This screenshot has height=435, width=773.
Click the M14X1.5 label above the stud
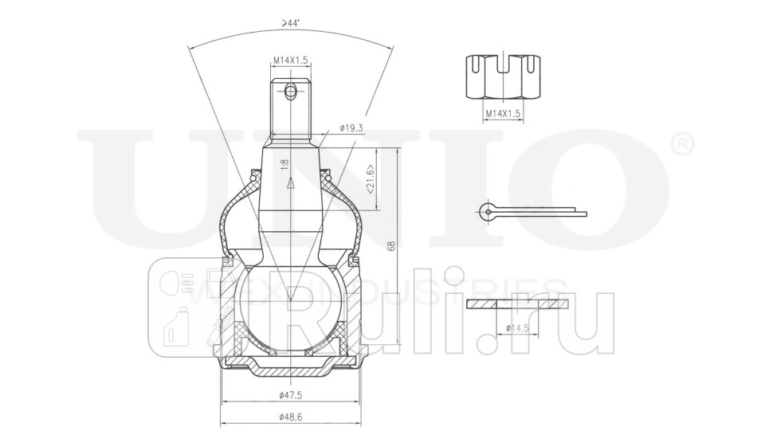click(x=290, y=60)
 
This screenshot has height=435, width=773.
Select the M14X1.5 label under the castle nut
click(x=502, y=115)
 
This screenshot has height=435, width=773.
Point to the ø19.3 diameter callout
click(x=351, y=127)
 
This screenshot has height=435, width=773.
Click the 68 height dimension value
click(x=390, y=247)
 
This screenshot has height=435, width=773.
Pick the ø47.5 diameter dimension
click(x=289, y=396)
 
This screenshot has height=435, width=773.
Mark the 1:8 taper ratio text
click(x=283, y=165)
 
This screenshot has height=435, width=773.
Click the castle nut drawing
click(x=502, y=78)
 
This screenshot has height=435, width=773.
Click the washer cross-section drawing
click(x=519, y=304)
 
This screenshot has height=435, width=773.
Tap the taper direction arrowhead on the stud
click(x=291, y=182)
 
